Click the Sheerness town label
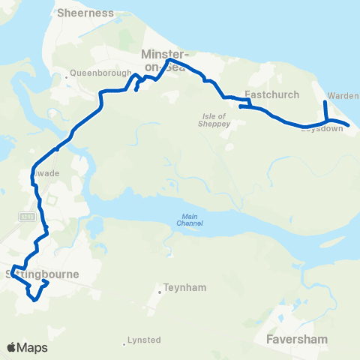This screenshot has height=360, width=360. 83,13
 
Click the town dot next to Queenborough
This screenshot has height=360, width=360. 67,73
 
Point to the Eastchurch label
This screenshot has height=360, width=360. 272,95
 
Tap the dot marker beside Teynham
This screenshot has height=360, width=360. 160,286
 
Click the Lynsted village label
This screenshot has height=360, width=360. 145,340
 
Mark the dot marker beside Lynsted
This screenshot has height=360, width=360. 124,344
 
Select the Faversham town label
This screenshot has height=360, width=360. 298,339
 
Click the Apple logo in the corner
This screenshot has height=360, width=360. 12,347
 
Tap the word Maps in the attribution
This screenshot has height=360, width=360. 33,347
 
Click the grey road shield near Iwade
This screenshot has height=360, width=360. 25,214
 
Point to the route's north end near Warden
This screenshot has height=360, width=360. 324,102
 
